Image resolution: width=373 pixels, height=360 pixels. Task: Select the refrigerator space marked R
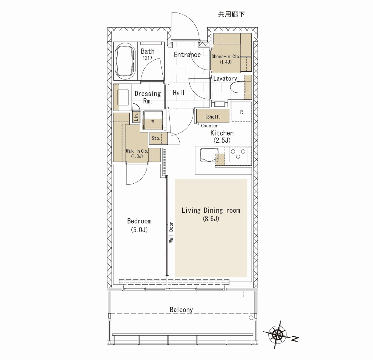pos(242,112)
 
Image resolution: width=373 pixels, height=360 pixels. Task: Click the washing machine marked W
pos(153,120)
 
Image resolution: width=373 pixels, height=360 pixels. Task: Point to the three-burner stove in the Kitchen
pos(238,154)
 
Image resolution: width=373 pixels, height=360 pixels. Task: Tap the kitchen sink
pos(209,155)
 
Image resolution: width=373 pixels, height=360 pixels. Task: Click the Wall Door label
pos(171,233)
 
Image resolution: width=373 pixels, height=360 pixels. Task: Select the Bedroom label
pos(139,221)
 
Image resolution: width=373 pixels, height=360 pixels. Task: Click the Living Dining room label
pos(211,211)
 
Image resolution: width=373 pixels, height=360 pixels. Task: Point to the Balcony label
pos(181,310)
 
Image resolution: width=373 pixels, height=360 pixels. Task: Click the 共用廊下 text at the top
pos(231,14)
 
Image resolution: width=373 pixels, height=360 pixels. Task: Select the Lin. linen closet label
pos(136,117)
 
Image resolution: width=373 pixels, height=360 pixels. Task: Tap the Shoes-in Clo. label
pos(226,57)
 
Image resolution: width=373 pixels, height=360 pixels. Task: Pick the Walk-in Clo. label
pos(137,151)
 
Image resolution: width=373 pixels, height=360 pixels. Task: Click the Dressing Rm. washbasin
pos(123,97)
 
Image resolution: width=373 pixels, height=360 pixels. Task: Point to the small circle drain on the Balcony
pos(251,318)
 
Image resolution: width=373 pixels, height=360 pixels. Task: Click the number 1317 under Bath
pos(148,58)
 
